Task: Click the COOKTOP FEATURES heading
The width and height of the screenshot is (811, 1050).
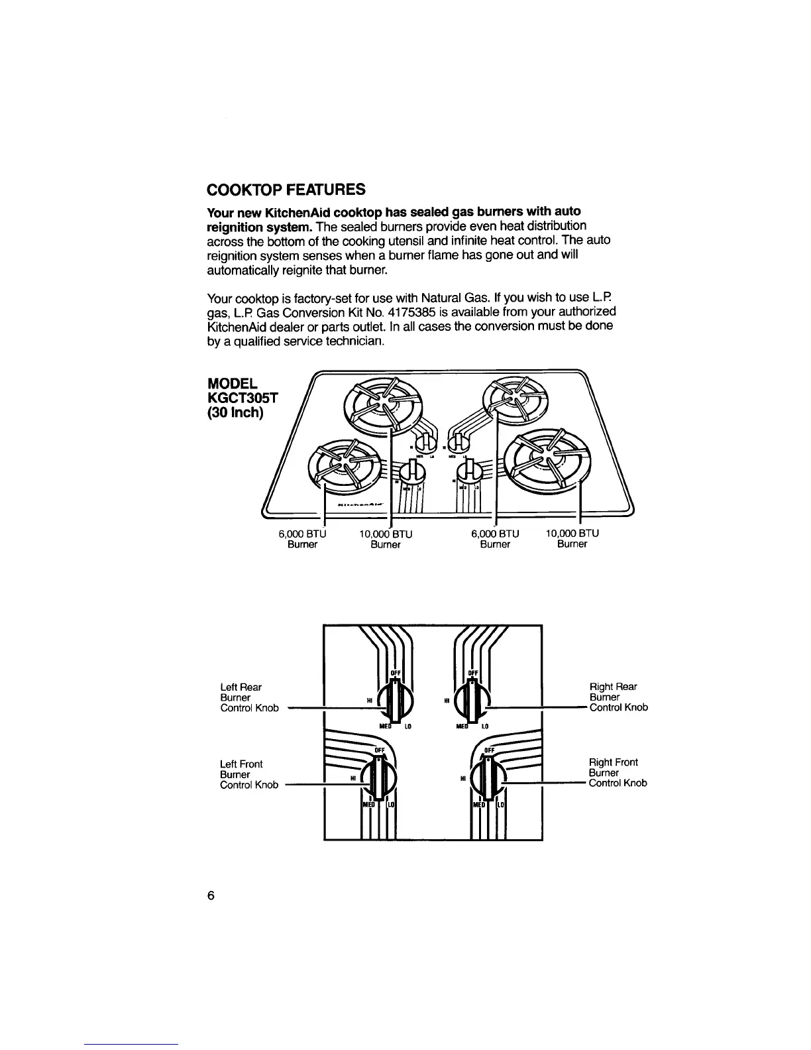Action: coord(286,190)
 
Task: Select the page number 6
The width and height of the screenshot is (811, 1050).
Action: coord(211,896)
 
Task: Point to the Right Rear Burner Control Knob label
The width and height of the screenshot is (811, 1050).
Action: coord(618,697)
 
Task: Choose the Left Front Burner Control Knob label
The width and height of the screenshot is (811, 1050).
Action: coord(249,774)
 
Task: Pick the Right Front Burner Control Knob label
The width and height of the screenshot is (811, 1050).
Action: coord(618,773)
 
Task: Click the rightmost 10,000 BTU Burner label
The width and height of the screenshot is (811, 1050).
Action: coord(572,538)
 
